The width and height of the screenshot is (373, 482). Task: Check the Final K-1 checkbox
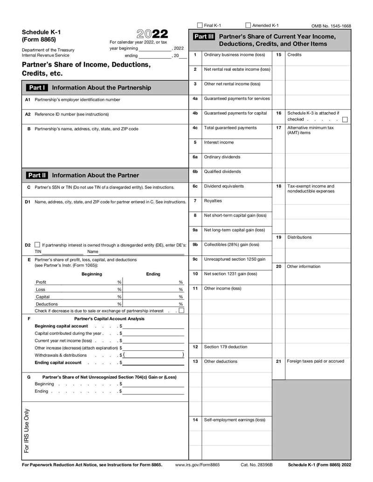pos(200,25)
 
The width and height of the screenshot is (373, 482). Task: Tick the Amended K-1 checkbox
pos(248,25)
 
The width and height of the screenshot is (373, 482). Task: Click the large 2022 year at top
pos(152,34)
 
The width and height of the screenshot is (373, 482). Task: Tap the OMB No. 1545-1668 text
pos(331,26)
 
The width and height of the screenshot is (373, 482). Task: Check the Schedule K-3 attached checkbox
pos(345,120)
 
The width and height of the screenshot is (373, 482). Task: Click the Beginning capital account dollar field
pos(153,326)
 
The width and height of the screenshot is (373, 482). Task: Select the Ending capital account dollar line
pos(153,363)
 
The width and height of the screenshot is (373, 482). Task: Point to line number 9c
pos(195,259)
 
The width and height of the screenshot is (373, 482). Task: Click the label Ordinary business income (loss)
pos(235,54)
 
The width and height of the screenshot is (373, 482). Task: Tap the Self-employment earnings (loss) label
pos(235,420)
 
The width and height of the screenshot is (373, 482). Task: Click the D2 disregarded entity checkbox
pos(37,244)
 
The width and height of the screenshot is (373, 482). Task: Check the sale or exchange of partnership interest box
pos(181,311)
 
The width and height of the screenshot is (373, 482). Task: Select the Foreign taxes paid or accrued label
pos(316,361)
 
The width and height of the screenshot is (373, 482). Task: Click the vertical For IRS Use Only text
pos(27,431)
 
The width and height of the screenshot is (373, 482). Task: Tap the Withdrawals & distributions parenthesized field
pos(153,355)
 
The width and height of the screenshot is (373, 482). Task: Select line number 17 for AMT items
pos(278,128)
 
